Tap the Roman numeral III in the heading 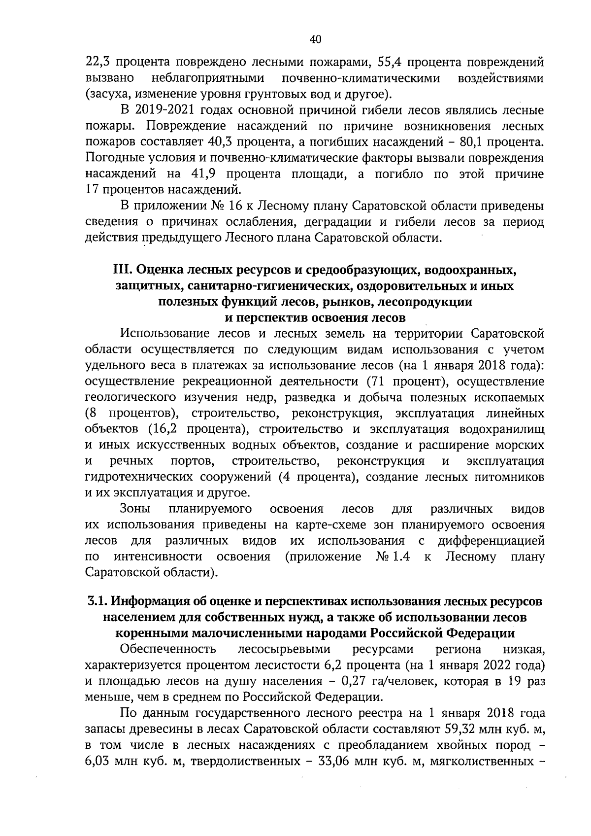[122, 270]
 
